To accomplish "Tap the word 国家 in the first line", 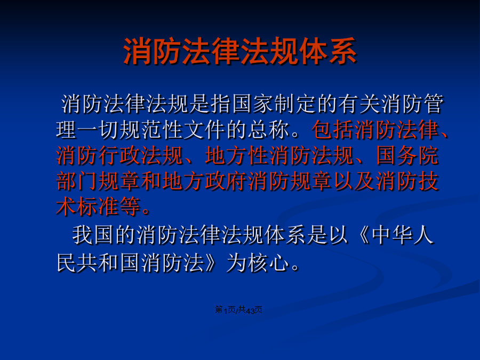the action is click(253, 104).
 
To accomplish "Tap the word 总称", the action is click(269, 130).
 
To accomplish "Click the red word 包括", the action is click(333, 130).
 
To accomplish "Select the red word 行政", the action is click(119, 156).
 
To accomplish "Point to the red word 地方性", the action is click(237, 156).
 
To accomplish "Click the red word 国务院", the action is click(407, 156).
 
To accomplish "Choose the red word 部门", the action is click(77, 181).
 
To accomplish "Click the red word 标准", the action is click(98, 206).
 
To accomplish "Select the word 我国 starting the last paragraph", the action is click(93, 235).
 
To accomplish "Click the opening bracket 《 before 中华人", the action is click(361, 235).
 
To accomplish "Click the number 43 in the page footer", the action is click(250, 310).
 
